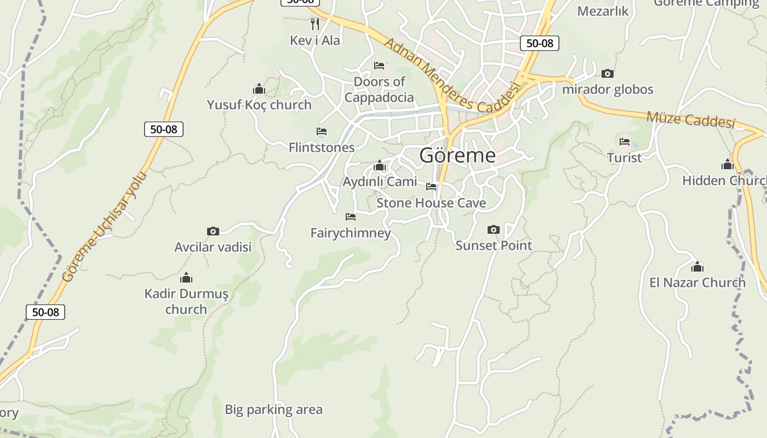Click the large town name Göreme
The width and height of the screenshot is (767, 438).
[x=457, y=155]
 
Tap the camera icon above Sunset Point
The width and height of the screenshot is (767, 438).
[x=494, y=229]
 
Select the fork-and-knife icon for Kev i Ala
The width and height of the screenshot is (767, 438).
[x=315, y=24]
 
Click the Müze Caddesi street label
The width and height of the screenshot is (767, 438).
[x=690, y=119]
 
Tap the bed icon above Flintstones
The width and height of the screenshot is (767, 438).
[x=322, y=131]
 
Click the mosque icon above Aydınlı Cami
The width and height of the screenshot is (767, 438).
[x=380, y=166]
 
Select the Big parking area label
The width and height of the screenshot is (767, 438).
[x=273, y=410]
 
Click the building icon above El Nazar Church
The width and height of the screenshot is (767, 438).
[x=697, y=267]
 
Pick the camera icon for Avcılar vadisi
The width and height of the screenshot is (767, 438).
[x=213, y=231]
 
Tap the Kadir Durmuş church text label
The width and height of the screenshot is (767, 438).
[x=186, y=301]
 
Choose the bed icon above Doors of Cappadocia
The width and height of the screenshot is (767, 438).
[x=379, y=66]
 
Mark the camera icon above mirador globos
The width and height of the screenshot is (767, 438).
[x=608, y=73]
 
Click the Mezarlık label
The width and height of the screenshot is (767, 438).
[x=603, y=11]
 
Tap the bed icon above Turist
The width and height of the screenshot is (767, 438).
[x=625, y=142]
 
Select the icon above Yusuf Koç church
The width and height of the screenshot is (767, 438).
[x=259, y=89]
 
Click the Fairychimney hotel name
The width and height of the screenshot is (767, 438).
[x=351, y=233]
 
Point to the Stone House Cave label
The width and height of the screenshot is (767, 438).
[x=431, y=203]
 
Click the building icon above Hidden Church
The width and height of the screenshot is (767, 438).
[x=728, y=164]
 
